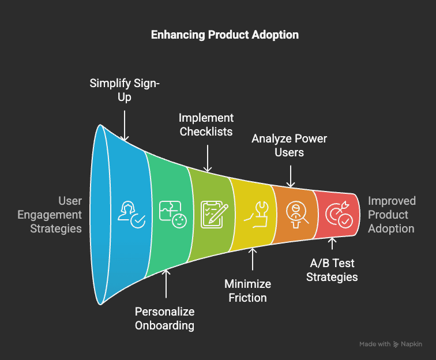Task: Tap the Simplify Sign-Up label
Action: [x=125, y=90]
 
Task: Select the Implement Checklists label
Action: [x=206, y=125]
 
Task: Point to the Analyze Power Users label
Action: [x=289, y=145]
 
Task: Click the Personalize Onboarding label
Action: [x=165, y=318]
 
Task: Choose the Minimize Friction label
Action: [x=247, y=291]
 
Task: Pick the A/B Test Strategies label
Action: [x=332, y=270]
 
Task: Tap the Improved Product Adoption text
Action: [x=392, y=215]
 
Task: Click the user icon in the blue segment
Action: [x=130, y=215]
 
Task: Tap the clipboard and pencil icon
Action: [x=212, y=213]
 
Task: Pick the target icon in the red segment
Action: [x=338, y=214]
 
